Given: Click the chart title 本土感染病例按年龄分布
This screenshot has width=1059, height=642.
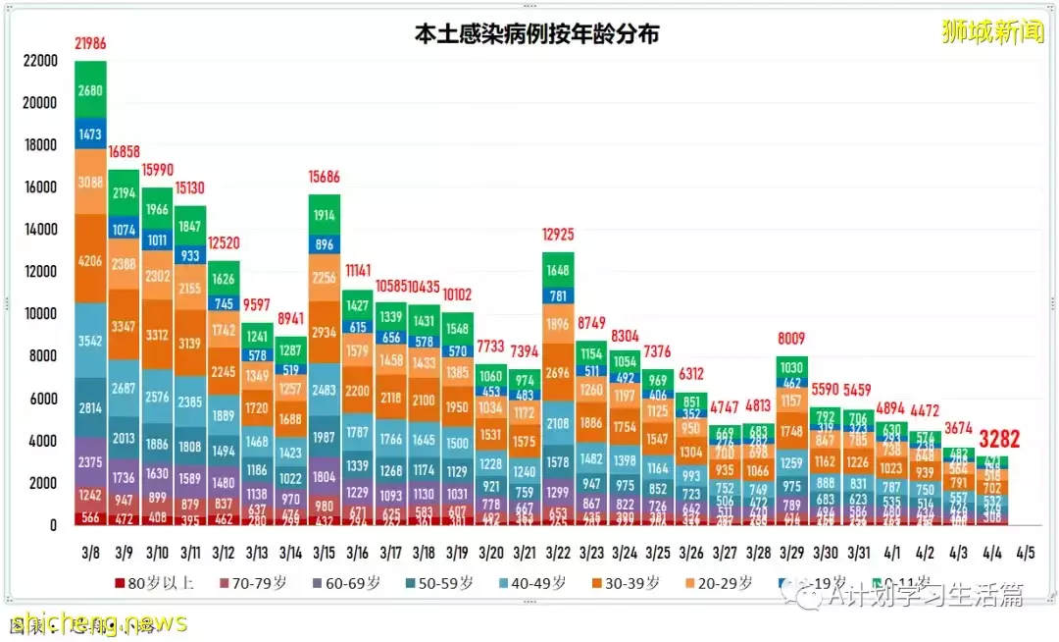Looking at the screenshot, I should (535, 34).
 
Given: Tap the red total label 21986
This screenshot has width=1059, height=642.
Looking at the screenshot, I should (90, 43).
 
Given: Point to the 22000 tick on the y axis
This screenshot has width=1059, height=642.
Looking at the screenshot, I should (40, 61).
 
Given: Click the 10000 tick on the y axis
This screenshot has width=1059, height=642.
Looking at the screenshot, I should (40, 314).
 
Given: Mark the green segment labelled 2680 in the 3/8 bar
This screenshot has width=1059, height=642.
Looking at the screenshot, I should (90, 91).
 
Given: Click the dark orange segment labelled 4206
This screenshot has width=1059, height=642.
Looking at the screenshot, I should (90, 262).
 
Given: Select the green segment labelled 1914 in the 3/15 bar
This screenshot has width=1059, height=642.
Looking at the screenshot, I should (324, 215).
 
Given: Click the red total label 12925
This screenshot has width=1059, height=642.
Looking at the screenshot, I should (557, 235).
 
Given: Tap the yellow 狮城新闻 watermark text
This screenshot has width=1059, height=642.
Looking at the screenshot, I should (992, 31).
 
